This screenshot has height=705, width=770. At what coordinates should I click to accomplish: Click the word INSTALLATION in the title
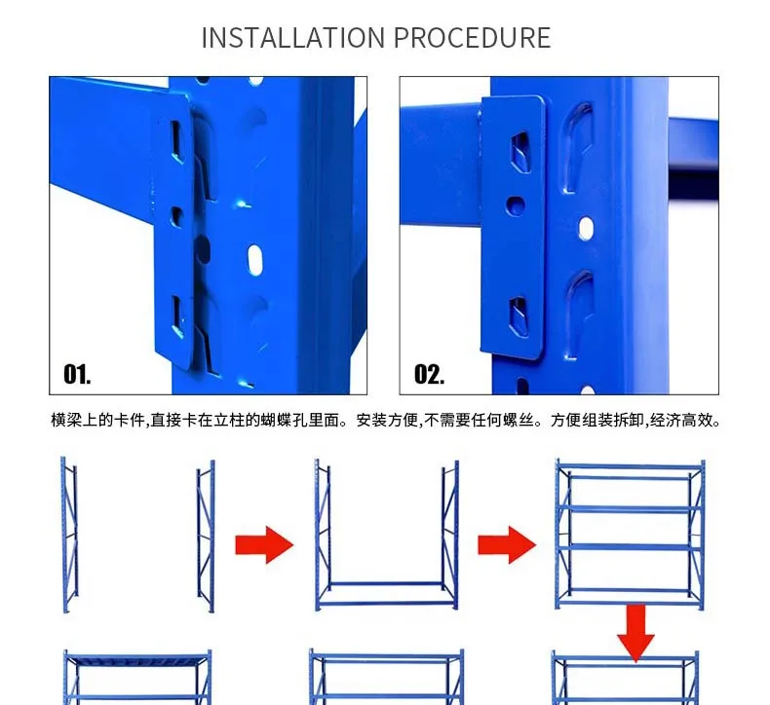[293, 38]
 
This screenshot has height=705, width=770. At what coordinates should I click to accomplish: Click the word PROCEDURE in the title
[472, 38]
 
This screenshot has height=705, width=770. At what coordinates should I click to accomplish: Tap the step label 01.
[77, 374]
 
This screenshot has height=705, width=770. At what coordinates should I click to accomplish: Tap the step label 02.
[429, 374]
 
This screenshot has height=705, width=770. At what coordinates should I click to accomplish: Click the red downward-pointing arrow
[635, 632]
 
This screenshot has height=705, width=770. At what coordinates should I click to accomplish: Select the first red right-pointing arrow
[264, 544]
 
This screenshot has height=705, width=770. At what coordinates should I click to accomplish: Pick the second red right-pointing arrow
[507, 544]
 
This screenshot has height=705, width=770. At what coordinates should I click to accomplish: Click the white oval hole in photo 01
[254, 259]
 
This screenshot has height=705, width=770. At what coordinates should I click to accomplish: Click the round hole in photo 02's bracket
[516, 206]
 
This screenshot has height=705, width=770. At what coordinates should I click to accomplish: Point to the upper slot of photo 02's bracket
[520, 151]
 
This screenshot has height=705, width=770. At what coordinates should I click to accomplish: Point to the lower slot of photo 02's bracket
[520, 316]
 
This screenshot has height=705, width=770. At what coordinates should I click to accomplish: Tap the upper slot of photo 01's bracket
[177, 141]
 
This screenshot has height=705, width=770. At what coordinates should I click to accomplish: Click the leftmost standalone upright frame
[69, 535]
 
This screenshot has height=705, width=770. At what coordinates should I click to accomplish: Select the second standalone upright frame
[206, 536]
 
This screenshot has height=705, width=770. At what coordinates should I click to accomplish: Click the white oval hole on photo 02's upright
[586, 229]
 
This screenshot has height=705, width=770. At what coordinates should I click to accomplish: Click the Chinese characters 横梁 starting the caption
[66, 420]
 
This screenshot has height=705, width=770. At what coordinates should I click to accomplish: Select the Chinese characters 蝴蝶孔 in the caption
[285, 420]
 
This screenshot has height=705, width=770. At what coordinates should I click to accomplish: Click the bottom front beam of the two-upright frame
[387, 603]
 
